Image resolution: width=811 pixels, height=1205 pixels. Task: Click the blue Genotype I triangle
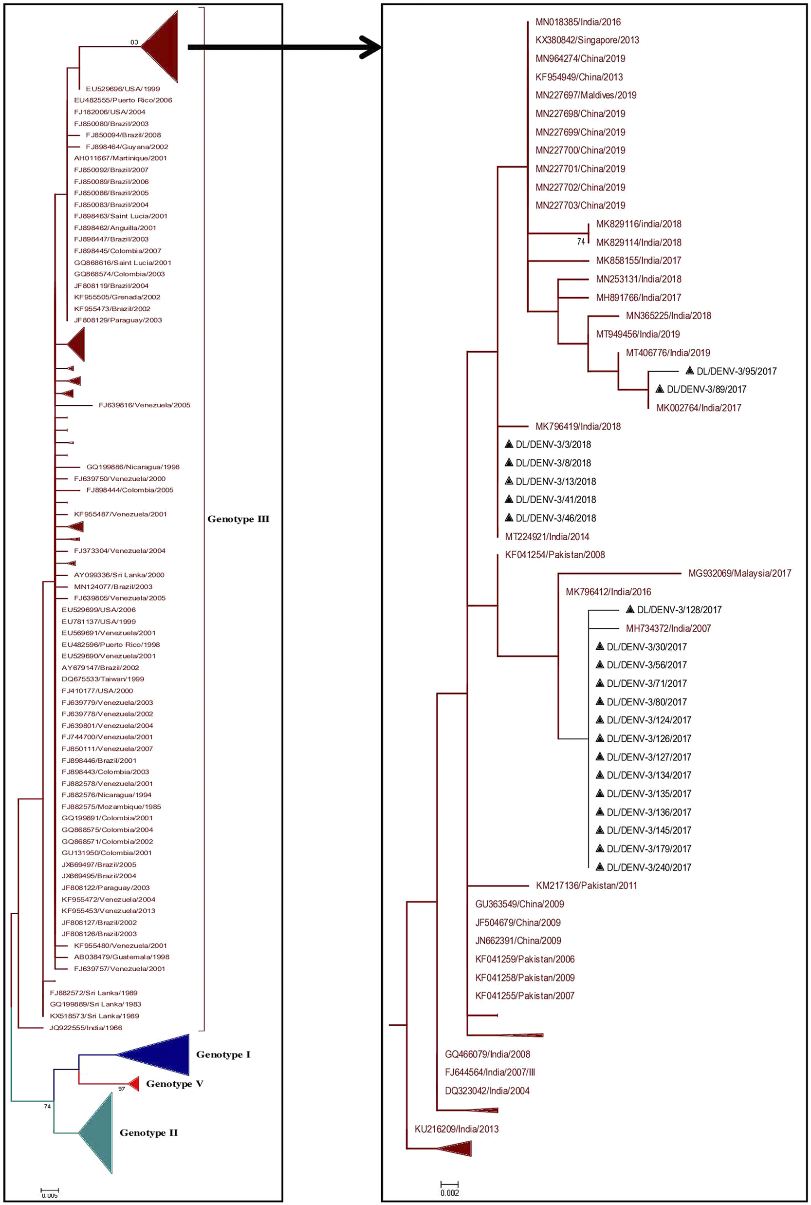click(x=160, y=1054)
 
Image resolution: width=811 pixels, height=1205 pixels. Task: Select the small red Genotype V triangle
click(x=134, y=1083)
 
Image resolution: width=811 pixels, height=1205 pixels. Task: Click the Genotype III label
click(x=238, y=519)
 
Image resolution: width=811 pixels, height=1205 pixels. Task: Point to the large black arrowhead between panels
click(x=370, y=48)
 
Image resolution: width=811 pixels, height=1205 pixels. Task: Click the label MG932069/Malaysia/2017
click(x=739, y=573)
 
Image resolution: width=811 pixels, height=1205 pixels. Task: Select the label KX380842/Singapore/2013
click(x=587, y=40)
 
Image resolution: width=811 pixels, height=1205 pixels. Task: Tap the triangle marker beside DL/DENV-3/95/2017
click(x=689, y=371)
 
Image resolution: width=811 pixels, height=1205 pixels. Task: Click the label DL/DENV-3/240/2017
click(x=648, y=867)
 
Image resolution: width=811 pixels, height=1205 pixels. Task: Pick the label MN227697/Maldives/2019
click(x=586, y=95)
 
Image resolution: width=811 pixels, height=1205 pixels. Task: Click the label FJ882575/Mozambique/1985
click(x=111, y=807)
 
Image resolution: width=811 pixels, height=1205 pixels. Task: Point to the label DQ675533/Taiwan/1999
click(x=103, y=679)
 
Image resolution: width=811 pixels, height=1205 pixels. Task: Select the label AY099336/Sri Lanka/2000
click(x=119, y=575)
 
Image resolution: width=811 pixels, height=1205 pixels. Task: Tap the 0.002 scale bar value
click(x=449, y=1193)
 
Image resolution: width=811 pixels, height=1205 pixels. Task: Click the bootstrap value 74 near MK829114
click(x=581, y=242)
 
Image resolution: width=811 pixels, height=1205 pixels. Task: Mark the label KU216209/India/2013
click(x=456, y=1129)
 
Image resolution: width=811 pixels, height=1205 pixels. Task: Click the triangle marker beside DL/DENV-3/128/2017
click(x=630, y=609)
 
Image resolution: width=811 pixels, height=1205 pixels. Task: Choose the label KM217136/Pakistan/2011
click(x=586, y=885)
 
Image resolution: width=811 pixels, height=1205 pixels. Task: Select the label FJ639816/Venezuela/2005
click(x=144, y=405)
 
